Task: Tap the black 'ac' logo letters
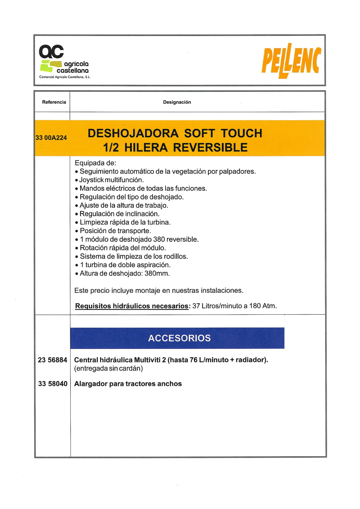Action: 51,52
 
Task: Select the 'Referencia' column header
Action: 54,102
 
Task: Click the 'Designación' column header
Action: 177,102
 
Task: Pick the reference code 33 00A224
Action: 51,138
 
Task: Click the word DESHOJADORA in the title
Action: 133,133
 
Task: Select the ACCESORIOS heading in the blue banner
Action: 179,338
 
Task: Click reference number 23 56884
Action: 53,360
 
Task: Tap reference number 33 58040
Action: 53,384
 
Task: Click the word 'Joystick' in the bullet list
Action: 91,180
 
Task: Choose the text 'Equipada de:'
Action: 95,163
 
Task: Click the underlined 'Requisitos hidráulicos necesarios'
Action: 132,306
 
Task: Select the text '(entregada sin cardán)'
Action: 109,368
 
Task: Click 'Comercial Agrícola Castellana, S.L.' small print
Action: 65,77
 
